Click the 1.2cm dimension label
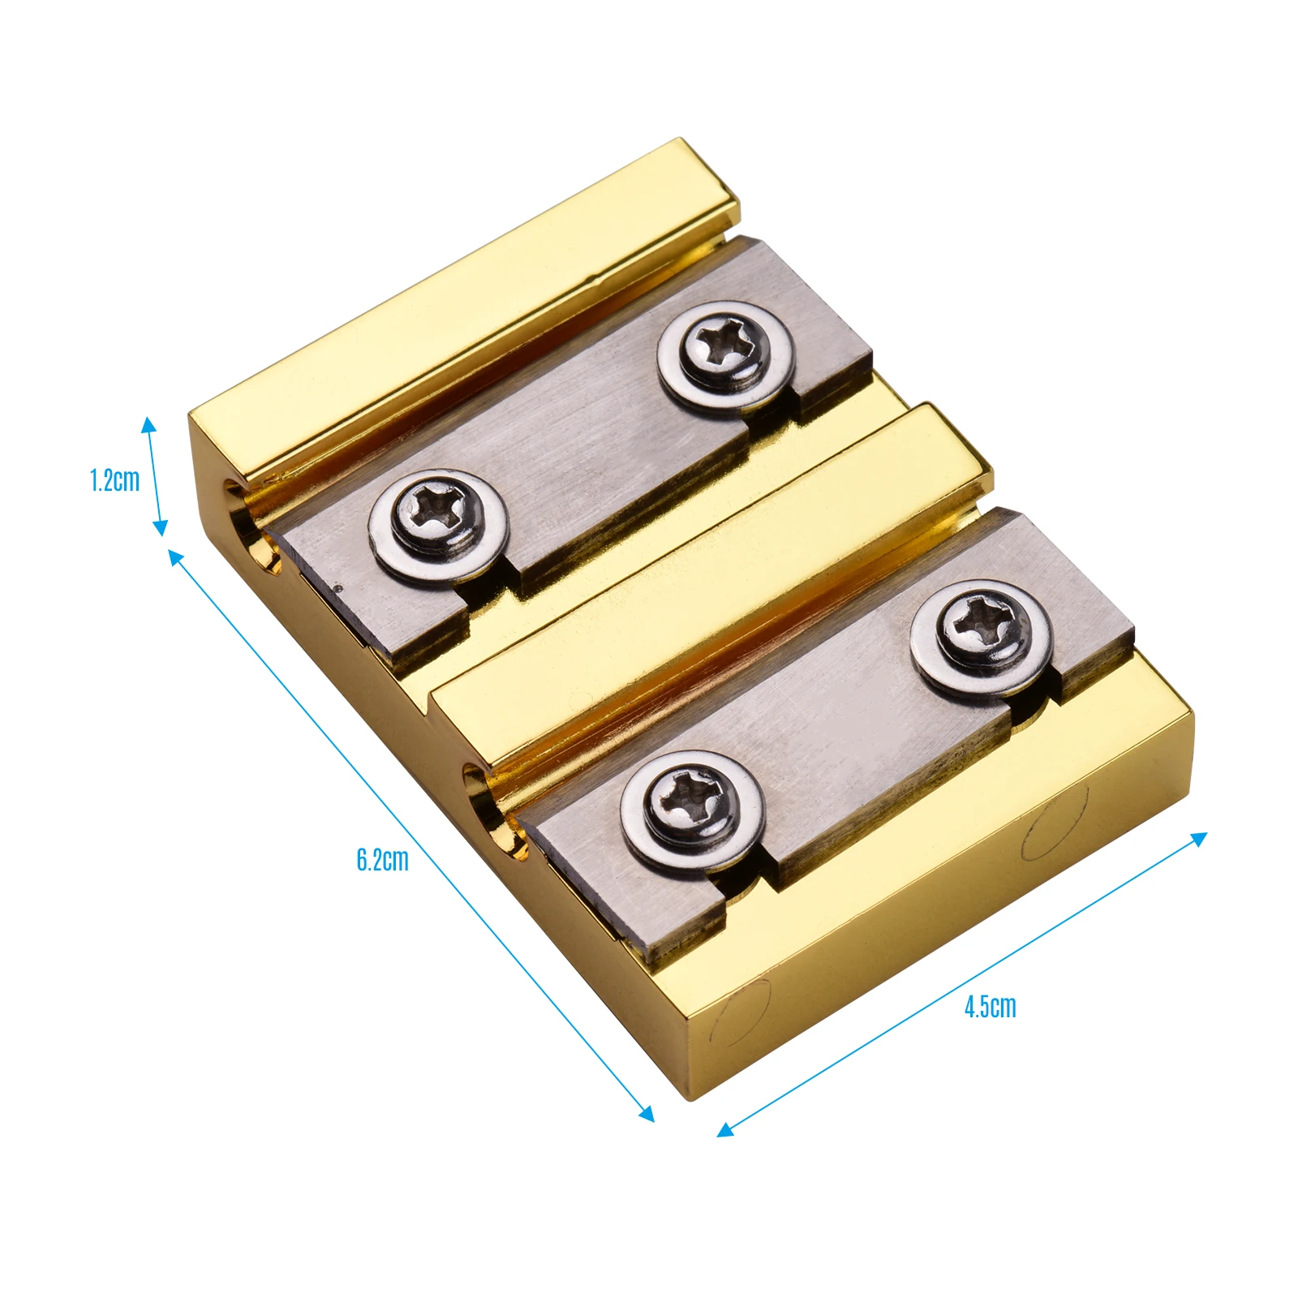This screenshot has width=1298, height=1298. click(114, 480)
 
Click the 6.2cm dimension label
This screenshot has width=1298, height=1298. click(382, 860)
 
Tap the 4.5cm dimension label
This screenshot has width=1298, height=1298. click(990, 1007)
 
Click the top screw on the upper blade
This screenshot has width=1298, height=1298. click(724, 354)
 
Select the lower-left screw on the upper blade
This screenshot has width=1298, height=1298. click(437, 523)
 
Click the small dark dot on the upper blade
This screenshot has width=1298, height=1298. click(339, 588)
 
